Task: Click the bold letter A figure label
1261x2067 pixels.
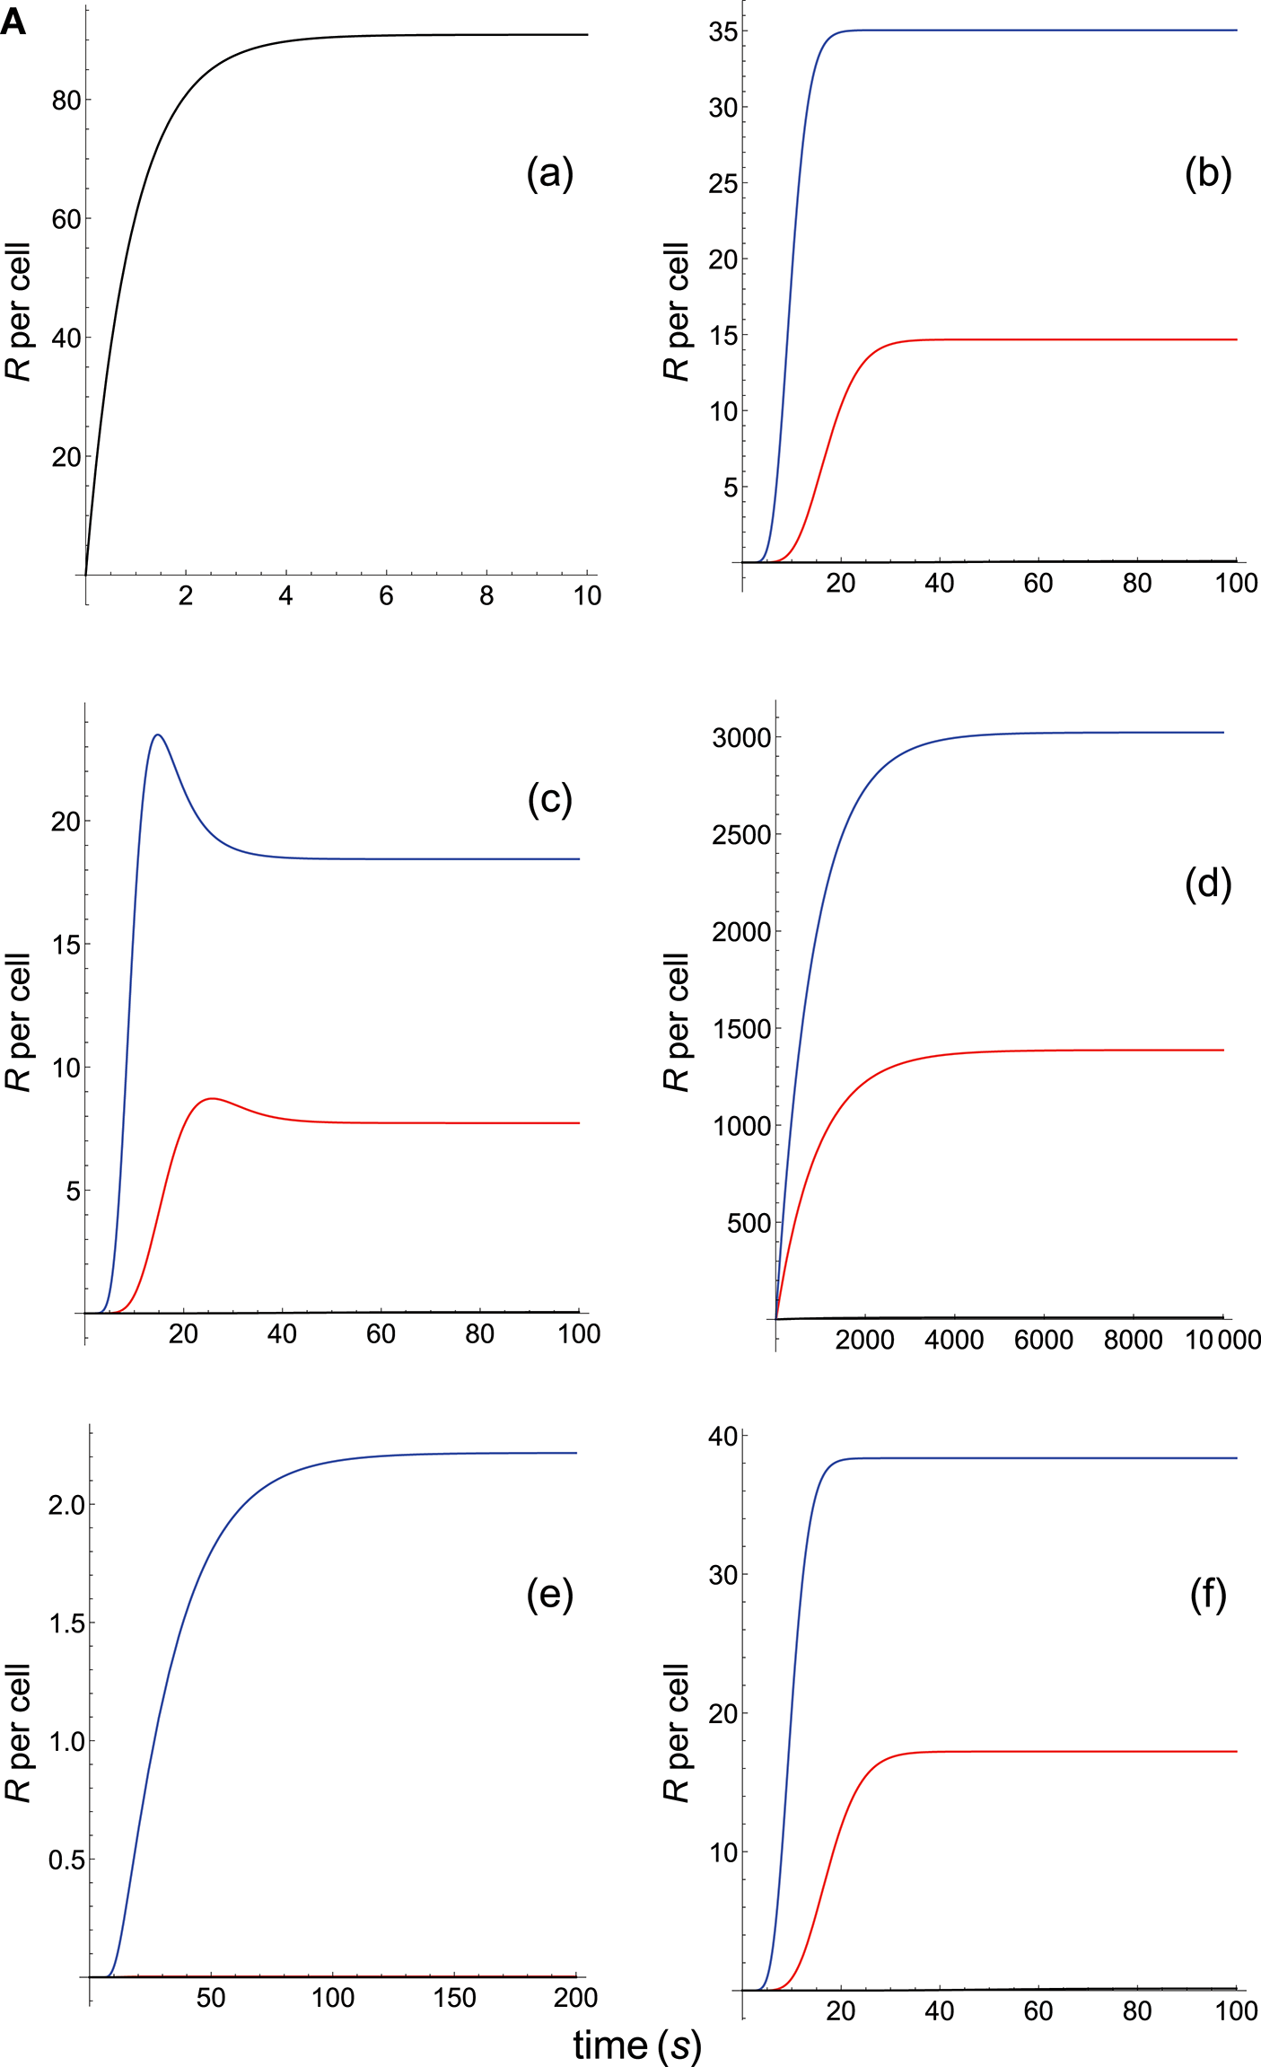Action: pyautogui.click(x=13, y=22)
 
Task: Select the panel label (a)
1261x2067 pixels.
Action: pyautogui.click(x=549, y=172)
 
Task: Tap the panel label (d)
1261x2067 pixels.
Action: pyautogui.click(x=1208, y=884)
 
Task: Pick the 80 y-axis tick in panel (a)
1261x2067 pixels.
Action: pyautogui.click(x=66, y=101)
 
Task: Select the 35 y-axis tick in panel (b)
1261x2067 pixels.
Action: pyautogui.click(x=723, y=31)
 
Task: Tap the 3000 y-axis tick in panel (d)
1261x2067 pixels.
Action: pyautogui.click(x=741, y=738)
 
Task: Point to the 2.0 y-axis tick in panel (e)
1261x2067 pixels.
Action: pyautogui.click(x=66, y=1505)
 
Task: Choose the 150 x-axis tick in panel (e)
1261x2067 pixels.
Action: pyautogui.click(x=455, y=1998)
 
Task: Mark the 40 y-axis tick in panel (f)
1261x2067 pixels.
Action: pyautogui.click(x=723, y=1437)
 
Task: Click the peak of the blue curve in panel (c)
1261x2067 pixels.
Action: pyautogui.click(x=158, y=734)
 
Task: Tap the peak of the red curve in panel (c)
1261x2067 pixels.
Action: pyautogui.click(x=212, y=1098)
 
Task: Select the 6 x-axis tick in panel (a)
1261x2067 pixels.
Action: pyautogui.click(x=386, y=595)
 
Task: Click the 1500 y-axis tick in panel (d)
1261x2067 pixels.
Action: pyautogui.click(x=741, y=1029)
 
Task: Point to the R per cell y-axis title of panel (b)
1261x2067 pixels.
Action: pyautogui.click(x=676, y=312)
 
